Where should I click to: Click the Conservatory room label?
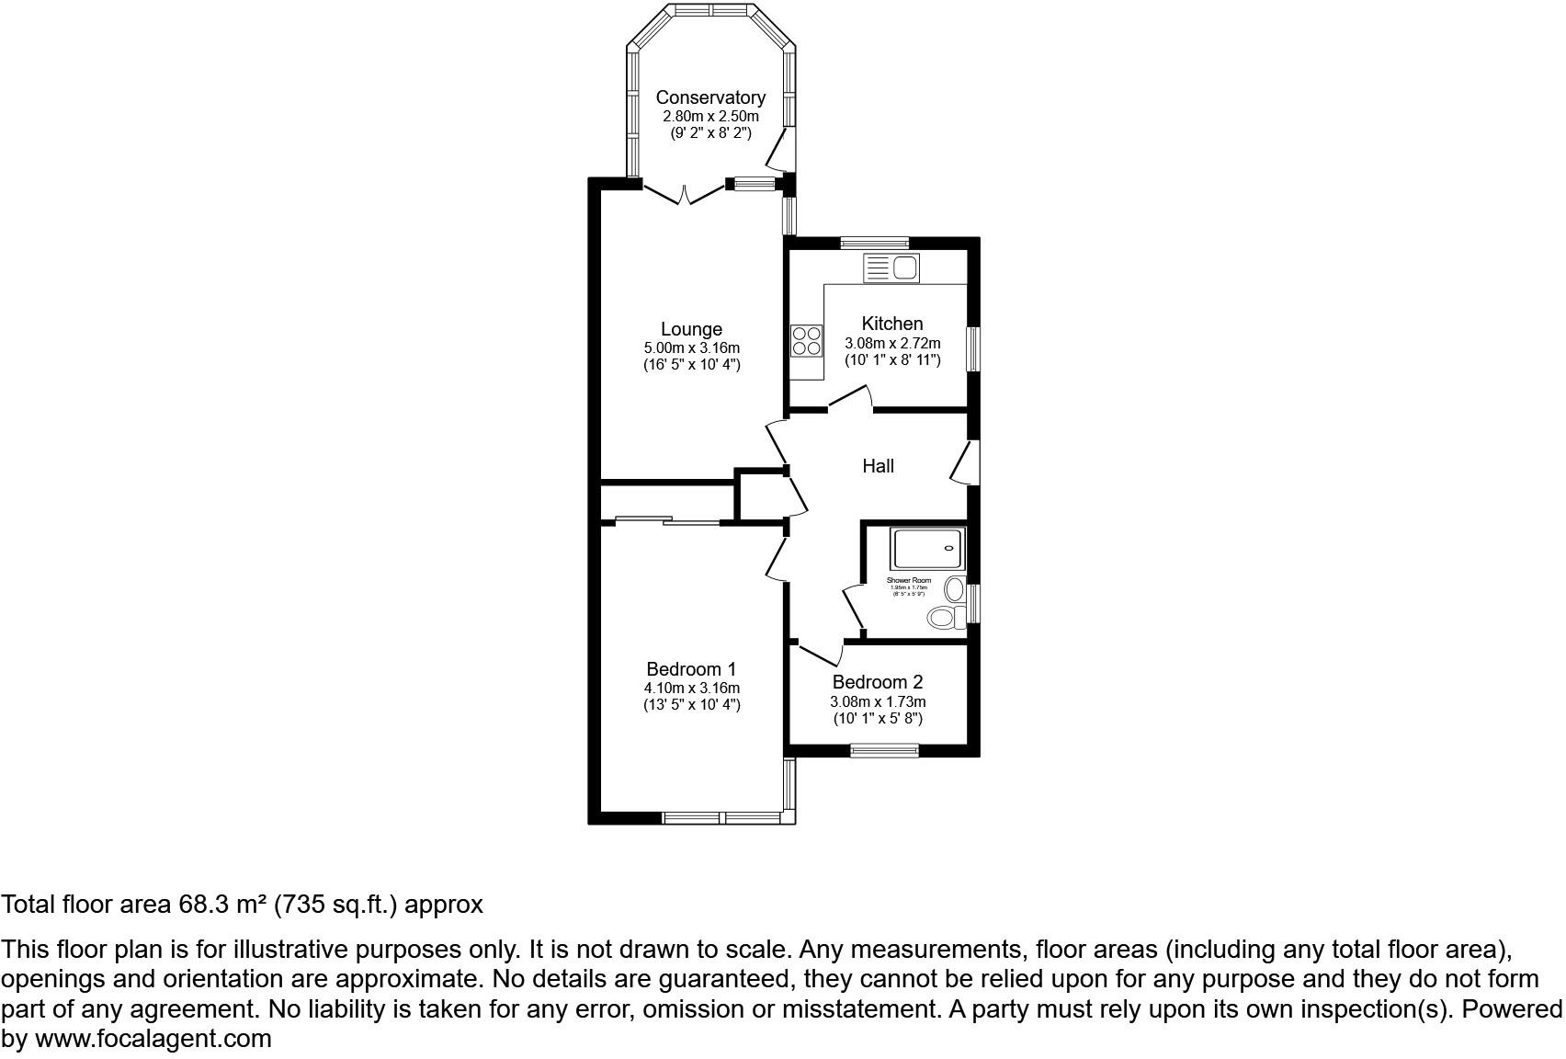pos(710,97)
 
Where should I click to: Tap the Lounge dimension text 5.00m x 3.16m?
pos(691,347)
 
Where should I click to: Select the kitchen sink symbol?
pos(891,268)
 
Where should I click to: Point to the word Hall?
pos(878,466)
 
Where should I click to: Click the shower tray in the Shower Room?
pos(928,549)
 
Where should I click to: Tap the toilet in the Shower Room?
pos(941,617)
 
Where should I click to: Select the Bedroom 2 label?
pos(877,682)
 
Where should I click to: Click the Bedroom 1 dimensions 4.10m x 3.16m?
pos(691,688)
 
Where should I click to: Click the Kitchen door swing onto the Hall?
pos(851,397)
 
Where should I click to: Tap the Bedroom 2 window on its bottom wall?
pos(884,751)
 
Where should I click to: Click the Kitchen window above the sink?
pos(875,243)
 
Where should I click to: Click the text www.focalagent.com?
pos(153,1039)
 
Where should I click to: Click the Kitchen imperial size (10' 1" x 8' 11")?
pos(892,359)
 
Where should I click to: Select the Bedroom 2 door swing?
pos(821,654)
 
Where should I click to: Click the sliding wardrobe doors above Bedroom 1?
pos(667,521)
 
